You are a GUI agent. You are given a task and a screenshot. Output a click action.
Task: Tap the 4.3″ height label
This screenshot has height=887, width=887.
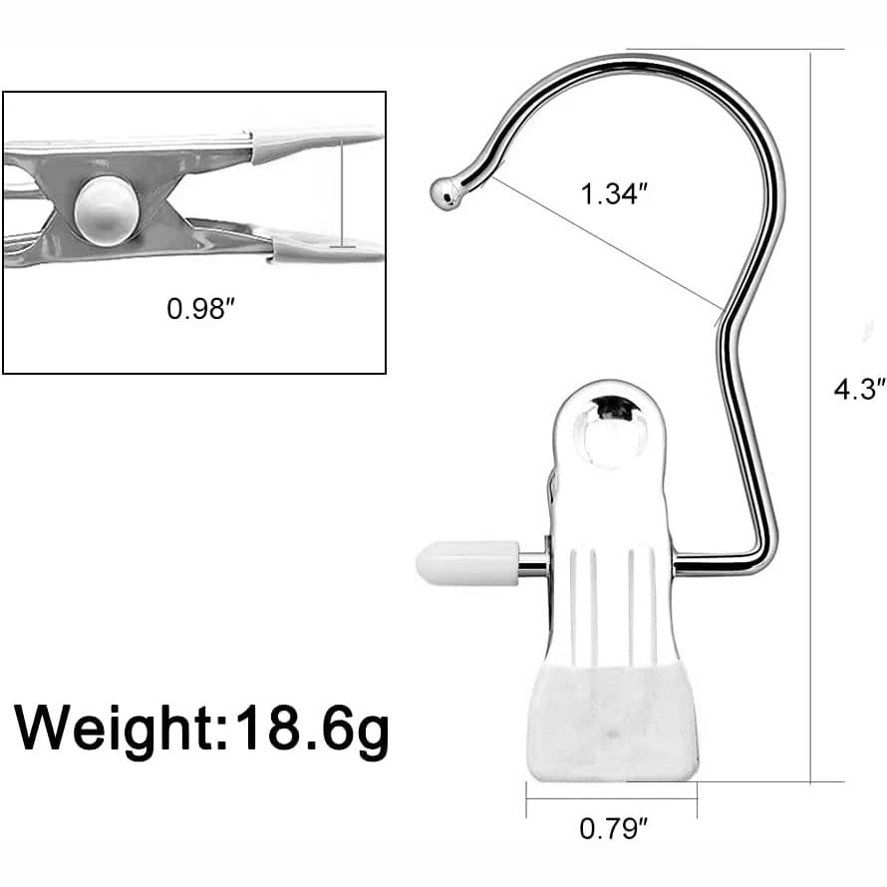(859, 389)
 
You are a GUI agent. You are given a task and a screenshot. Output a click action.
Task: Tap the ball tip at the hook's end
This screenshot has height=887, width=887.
(444, 193)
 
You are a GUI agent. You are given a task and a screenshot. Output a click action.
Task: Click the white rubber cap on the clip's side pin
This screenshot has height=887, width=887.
(466, 563)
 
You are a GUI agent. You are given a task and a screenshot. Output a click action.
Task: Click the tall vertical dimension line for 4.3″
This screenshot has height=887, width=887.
(813, 419)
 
